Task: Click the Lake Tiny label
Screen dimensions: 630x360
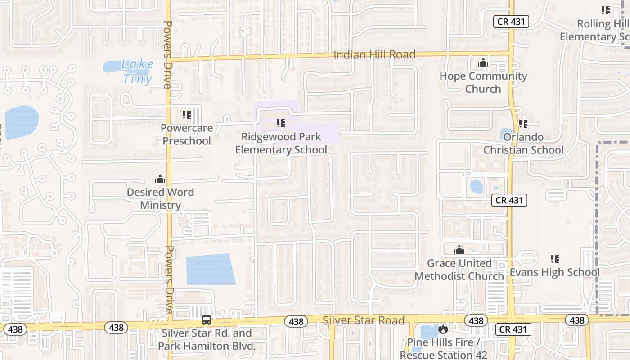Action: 137,72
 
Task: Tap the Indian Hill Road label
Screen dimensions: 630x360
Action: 374,55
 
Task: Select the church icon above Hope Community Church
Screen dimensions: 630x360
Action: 483,63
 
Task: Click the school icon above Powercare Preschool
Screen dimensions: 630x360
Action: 186,115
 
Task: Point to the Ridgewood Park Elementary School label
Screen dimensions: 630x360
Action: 281,143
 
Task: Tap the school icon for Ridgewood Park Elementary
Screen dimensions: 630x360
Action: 281,123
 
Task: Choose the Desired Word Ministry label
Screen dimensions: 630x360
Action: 160,198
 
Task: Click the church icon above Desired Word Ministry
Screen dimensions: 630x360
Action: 160,179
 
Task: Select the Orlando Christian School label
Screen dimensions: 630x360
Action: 523,144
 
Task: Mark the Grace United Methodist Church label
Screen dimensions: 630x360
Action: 459,269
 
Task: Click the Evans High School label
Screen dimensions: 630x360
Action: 554,272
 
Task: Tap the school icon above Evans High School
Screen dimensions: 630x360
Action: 555,258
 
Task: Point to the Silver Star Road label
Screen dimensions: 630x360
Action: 364,320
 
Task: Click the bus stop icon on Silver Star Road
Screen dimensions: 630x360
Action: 206,320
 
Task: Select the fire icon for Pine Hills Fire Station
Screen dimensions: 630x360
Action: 443,329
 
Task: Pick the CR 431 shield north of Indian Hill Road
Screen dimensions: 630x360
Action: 511,22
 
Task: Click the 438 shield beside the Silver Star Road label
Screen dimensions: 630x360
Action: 296,321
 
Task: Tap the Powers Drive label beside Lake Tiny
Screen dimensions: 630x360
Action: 167,54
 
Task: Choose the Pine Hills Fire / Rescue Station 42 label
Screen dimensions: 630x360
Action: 443,349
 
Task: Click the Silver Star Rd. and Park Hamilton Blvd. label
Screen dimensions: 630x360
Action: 207,340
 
